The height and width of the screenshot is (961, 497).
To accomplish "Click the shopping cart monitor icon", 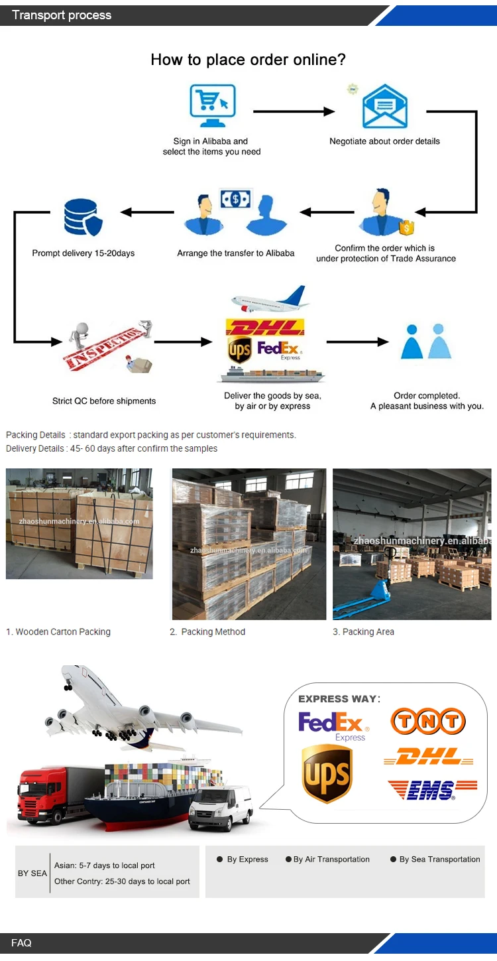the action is [212, 106].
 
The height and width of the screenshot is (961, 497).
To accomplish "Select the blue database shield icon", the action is [83, 218].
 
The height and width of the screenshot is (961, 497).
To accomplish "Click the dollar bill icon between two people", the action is [235, 199].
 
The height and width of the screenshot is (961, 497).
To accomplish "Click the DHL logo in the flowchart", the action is [265, 328].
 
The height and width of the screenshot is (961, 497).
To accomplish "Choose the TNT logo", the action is [428, 722].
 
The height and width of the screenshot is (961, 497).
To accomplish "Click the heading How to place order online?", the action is [248, 60].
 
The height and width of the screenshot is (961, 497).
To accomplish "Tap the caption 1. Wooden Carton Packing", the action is [58, 632].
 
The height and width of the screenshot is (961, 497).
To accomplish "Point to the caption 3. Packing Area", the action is [363, 632].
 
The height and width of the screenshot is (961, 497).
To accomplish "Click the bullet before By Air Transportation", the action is [288, 860].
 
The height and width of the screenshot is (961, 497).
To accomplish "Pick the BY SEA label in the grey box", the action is [32, 873].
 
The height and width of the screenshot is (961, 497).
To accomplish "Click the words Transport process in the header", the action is [62, 15].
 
